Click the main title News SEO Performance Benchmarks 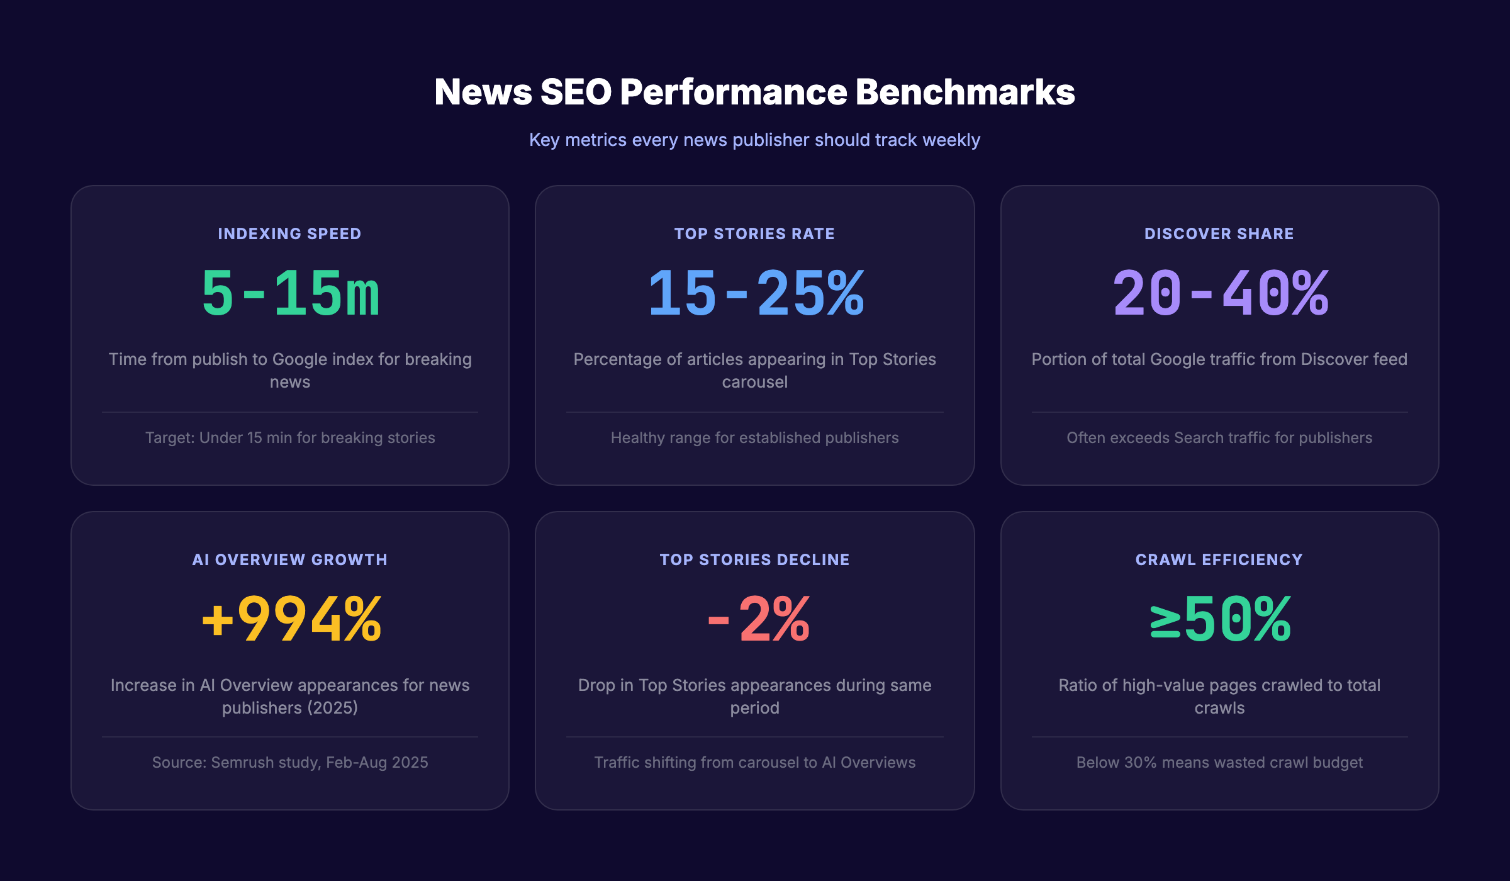pos(754,92)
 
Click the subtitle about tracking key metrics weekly pos(754,140)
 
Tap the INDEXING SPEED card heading pos(289,233)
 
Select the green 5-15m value pos(290,293)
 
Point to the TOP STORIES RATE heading pos(754,233)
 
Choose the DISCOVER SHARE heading pos(1219,233)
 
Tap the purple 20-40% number pos(1220,293)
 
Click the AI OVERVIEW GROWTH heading pos(289,559)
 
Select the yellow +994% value pos(291,620)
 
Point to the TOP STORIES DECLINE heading pos(754,559)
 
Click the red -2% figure pos(759,620)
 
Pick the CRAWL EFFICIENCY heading pos(1219,559)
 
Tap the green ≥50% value pos(1220,620)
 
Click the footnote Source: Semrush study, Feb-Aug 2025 pos(290,762)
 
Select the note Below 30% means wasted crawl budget pos(1219,762)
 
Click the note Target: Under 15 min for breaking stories pos(290,437)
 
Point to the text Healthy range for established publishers pos(754,437)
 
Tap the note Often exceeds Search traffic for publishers pos(1219,437)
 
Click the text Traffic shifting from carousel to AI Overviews pos(754,762)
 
